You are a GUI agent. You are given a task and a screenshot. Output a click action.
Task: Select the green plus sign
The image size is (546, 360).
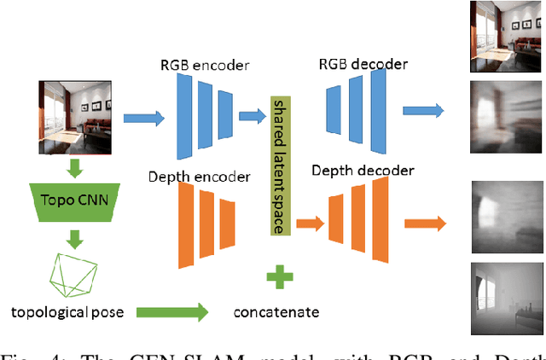pyautogui.click(x=278, y=278)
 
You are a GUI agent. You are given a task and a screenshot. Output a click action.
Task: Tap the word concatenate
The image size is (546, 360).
pyautogui.click(x=276, y=312)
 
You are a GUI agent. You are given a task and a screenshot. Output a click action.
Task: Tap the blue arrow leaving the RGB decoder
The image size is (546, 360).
pyautogui.click(x=423, y=110)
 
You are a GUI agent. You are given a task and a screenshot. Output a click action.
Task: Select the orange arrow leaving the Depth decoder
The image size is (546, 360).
pyautogui.click(x=424, y=224)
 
